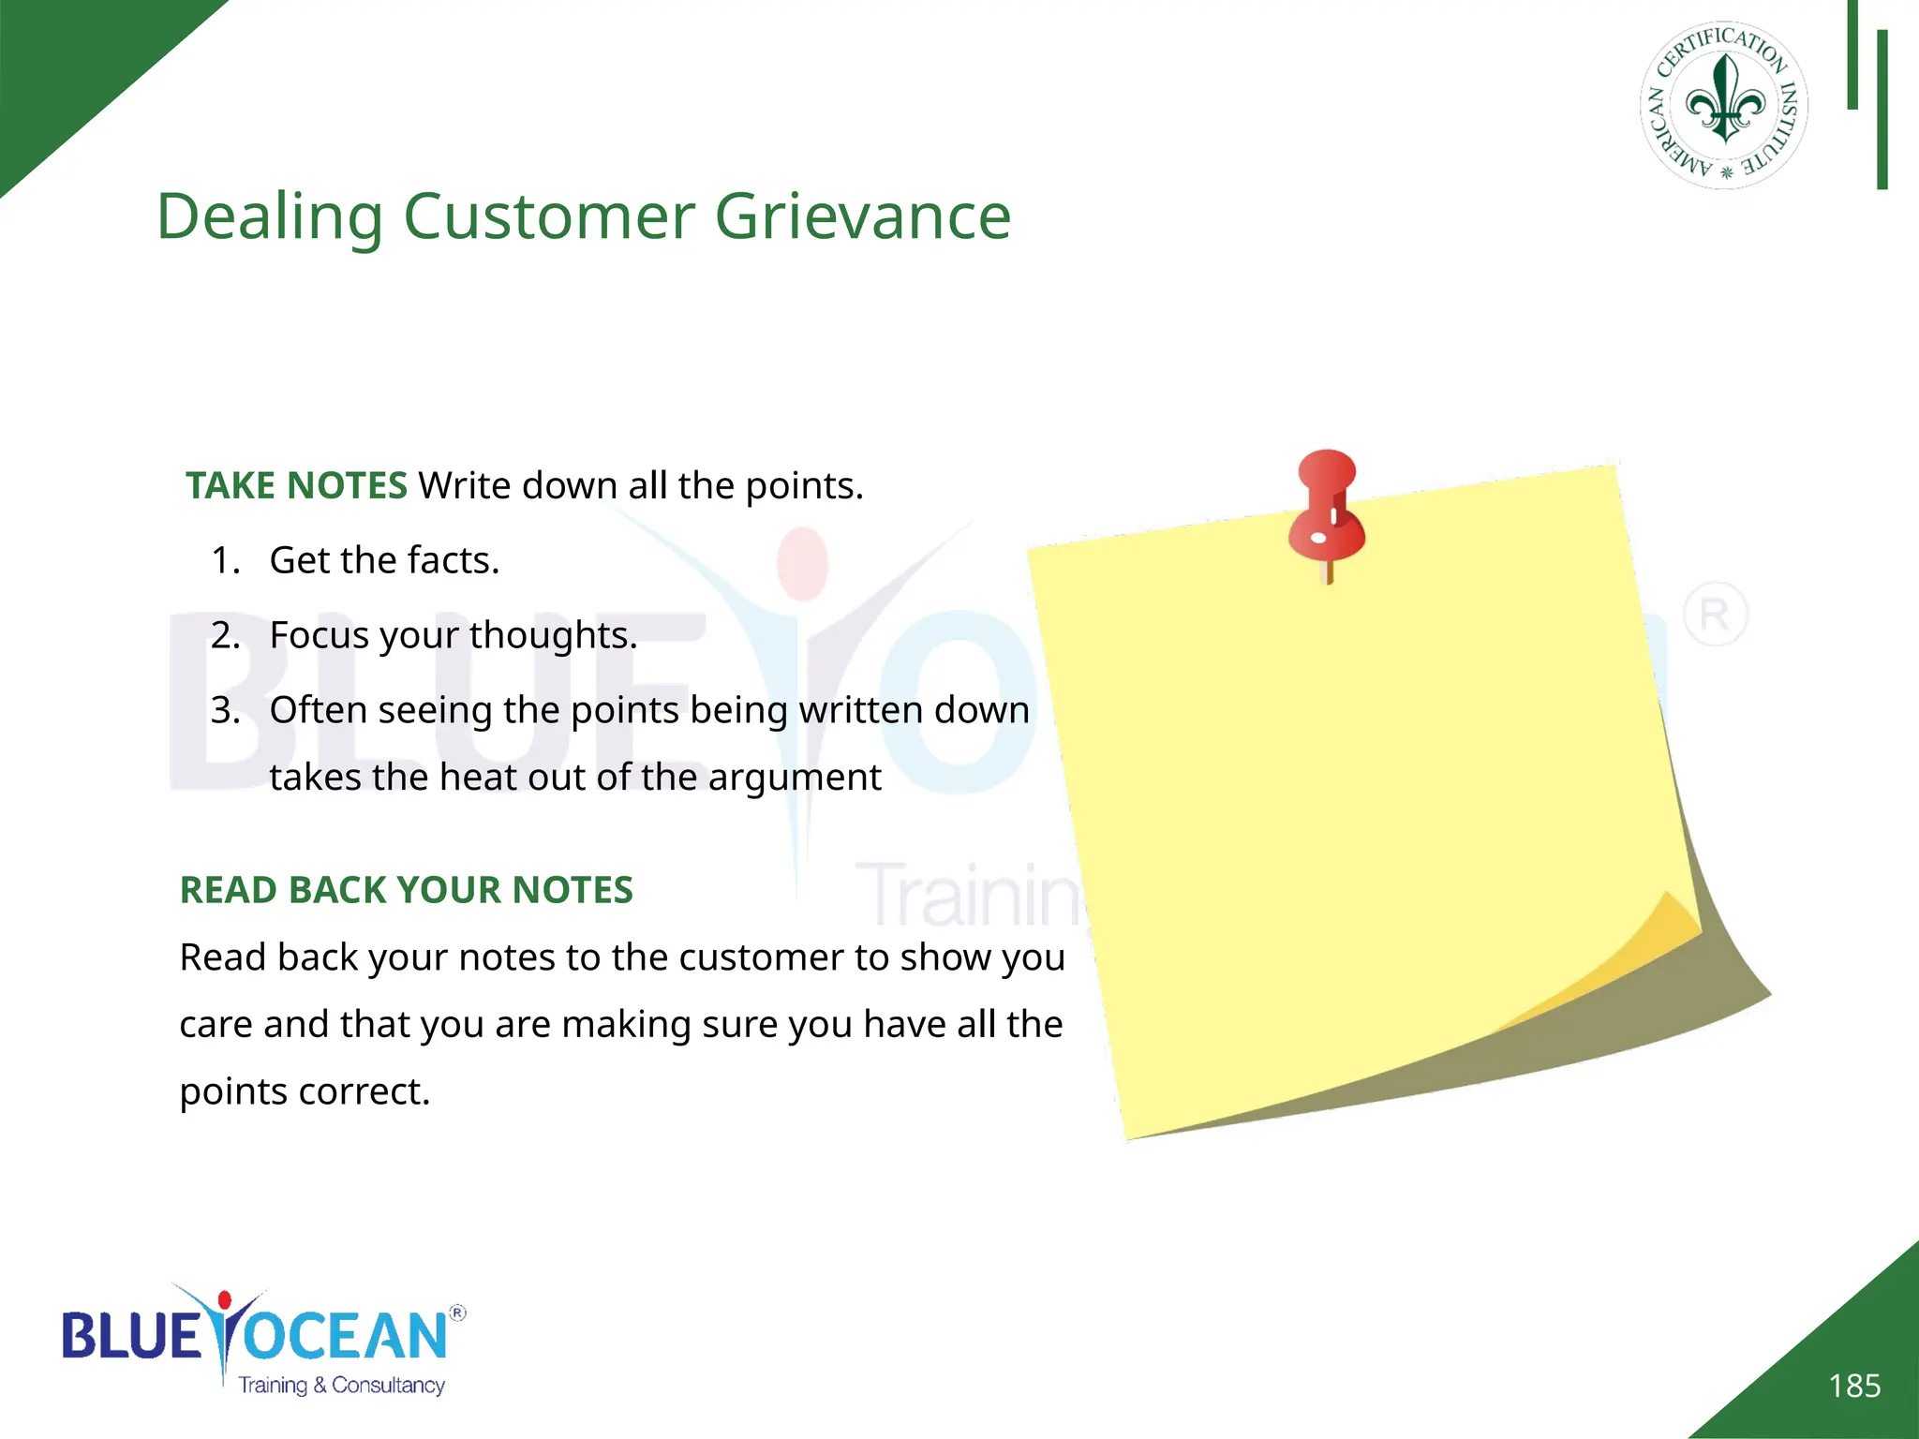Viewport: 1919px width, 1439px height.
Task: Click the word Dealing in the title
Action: tap(269, 217)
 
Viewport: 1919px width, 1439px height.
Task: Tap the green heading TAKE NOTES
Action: tap(296, 485)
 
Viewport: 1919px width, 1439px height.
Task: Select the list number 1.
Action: tap(225, 560)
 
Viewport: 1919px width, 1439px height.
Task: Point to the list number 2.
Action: tap(225, 635)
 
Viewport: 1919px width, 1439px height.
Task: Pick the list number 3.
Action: tap(225, 710)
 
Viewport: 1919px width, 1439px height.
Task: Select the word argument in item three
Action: tap(795, 778)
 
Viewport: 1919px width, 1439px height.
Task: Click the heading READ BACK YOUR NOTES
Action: tap(406, 890)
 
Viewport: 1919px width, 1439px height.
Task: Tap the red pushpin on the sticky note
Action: tap(1327, 511)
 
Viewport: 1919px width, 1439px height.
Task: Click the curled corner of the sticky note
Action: tap(1649, 946)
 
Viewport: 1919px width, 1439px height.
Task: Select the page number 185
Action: tap(1854, 1386)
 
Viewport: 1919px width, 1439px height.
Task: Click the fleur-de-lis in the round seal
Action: tap(1724, 99)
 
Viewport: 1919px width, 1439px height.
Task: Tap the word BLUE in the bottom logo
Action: tap(131, 1335)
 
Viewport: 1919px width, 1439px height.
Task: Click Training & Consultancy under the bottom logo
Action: tap(341, 1385)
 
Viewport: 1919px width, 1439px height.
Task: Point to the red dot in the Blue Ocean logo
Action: tap(225, 1300)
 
